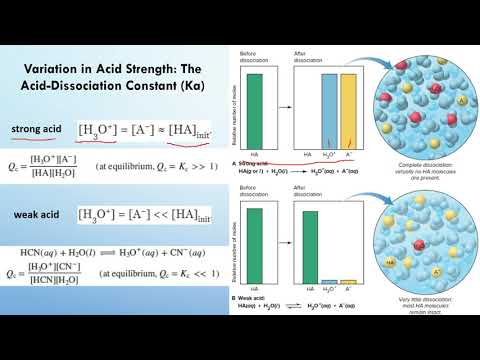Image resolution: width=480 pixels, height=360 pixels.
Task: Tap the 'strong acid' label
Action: coord(39,130)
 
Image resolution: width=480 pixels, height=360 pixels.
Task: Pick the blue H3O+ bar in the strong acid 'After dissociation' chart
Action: coord(329,118)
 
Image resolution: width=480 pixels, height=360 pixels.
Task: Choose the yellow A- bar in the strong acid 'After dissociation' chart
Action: coord(349,118)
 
